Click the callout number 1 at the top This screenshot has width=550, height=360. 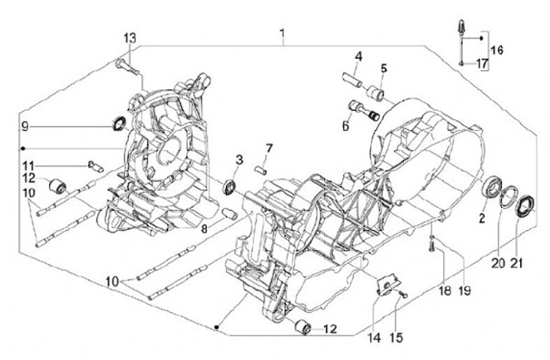coord(283,34)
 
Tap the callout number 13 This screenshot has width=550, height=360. coord(129,38)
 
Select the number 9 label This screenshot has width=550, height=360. coord(24,126)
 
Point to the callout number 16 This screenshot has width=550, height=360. coord(497,50)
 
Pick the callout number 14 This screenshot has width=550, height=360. coord(374,338)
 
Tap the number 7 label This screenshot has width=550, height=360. coord(269,148)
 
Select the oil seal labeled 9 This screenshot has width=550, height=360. coord(118,123)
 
